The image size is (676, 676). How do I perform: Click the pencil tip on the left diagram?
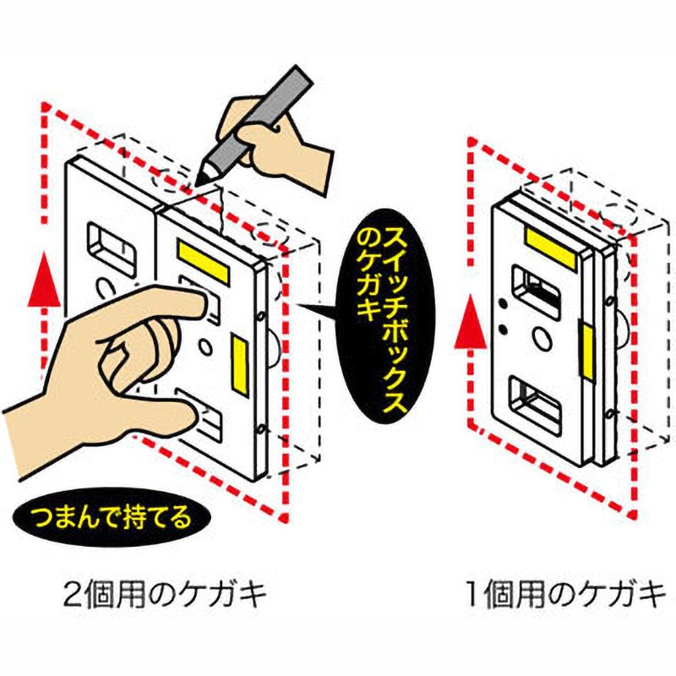(x=200, y=181)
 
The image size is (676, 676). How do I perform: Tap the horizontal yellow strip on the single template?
(x=549, y=241)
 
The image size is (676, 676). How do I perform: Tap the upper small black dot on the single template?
(x=504, y=303)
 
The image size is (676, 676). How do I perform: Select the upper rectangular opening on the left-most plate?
(x=110, y=245)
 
